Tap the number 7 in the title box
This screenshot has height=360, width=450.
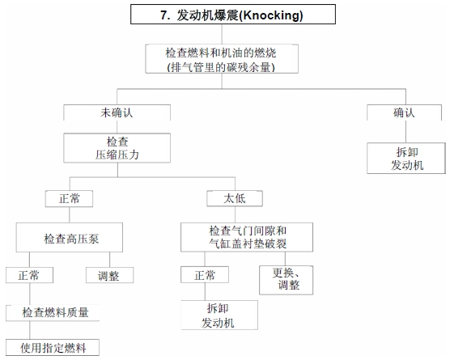click(x=163, y=15)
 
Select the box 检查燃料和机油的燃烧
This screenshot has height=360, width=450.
click(x=222, y=59)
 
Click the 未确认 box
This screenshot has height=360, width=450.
click(x=117, y=112)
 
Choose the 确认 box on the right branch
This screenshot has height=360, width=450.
click(x=404, y=112)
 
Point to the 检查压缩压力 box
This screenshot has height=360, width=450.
click(x=117, y=148)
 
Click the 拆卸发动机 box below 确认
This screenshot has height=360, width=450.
click(x=406, y=158)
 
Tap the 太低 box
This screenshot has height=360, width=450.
click(x=235, y=198)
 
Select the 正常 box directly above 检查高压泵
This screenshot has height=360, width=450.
click(x=69, y=198)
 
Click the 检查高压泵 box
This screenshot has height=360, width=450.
click(x=70, y=238)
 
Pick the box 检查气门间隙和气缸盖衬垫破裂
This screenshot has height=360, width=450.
click(x=247, y=237)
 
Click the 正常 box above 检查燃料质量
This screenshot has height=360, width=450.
click(x=29, y=275)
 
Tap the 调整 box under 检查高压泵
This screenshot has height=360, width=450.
click(x=109, y=275)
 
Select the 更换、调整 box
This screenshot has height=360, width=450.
click(x=287, y=280)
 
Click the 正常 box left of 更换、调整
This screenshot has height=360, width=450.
click(x=205, y=275)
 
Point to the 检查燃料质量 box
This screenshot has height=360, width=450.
click(x=53, y=312)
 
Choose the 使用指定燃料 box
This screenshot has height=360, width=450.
click(x=53, y=348)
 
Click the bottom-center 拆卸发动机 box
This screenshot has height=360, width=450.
click(x=219, y=315)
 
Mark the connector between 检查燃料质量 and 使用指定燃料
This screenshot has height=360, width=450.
click(x=30, y=330)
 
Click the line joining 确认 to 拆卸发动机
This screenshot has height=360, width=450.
click(x=405, y=132)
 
